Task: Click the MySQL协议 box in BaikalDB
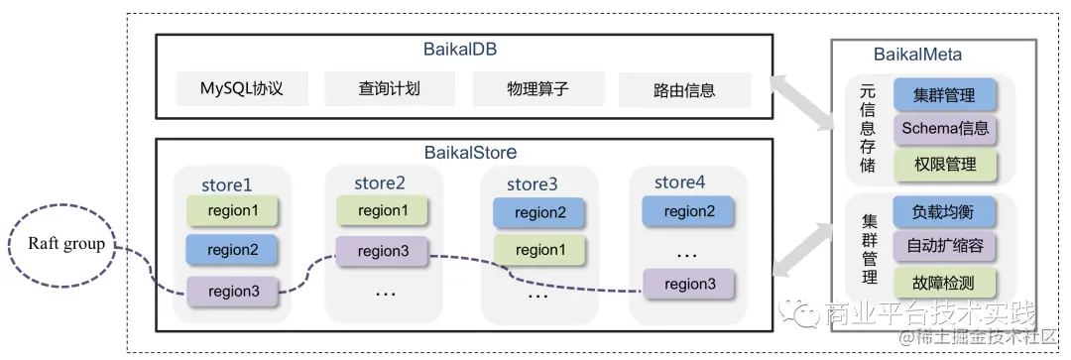(x=242, y=88)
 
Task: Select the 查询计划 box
(x=389, y=88)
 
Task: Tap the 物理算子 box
(x=535, y=88)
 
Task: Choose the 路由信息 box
(x=684, y=90)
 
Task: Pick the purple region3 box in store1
(x=232, y=291)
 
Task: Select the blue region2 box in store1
(x=232, y=250)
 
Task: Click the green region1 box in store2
(x=383, y=210)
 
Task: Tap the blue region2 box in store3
(x=539, y=212)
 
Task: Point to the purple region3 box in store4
(x=689, y=284)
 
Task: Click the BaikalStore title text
(x=470, y=153)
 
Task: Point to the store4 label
(x=679, y=182)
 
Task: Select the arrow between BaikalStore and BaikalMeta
(x=804, y=248)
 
